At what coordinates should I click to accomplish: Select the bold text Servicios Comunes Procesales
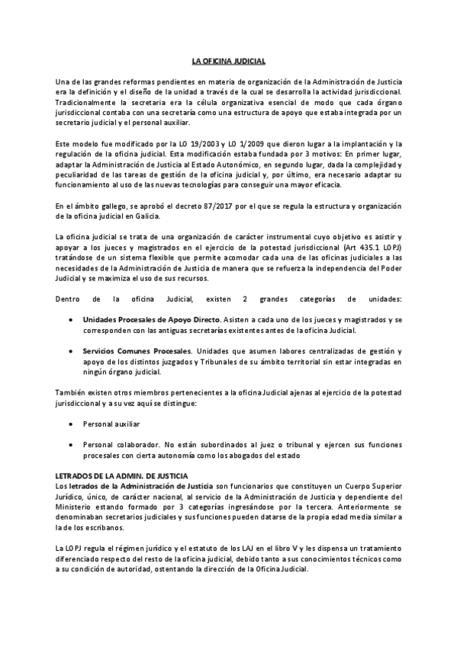click(137, 351)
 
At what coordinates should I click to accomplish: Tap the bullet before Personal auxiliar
click(71, 424)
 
